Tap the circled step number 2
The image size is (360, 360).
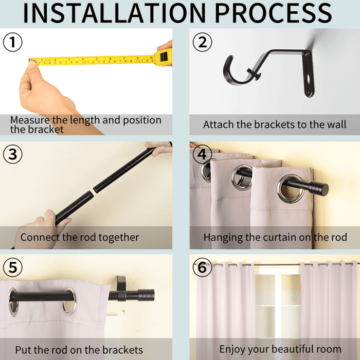[x=202, y=42]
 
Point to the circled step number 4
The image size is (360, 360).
[x=202, y=154]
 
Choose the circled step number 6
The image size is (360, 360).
[x=202, y=267]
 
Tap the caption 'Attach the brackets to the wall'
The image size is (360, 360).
[x=275, y=124]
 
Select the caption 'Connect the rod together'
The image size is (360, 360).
[x=80, y=238]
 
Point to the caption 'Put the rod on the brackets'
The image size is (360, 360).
[x=79, y=350]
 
